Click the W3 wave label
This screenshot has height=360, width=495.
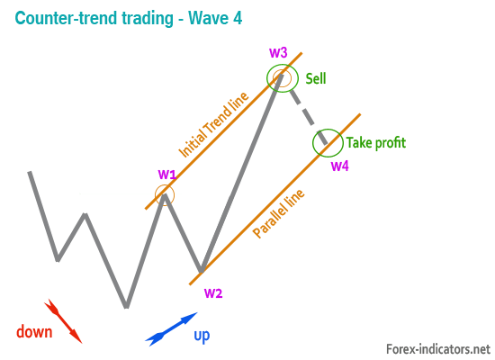tap(278, 53)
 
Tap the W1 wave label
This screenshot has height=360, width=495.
tap(167, 174)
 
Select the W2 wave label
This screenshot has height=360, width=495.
tap(213, 293)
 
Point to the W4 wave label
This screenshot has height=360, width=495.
tap(339, 166)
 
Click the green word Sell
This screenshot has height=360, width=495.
tap(316, 78)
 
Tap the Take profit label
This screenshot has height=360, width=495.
tap(376, 143)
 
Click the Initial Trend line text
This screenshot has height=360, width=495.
tap(213, 125)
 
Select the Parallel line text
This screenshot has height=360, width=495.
tap(278, 213)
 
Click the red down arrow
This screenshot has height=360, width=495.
tap(63, 320)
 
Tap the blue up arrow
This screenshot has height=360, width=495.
tap(171, 329)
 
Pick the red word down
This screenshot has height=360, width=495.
tap(34, 332)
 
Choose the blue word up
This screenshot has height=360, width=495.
tap(202, 336)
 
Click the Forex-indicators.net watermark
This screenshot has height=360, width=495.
tap(438, 349)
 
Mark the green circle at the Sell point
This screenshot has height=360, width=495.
tap(267, 78)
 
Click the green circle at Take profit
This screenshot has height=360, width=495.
tap(313, 143)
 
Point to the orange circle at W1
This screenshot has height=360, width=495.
tap(156, 194)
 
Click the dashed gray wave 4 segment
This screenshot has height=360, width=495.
tap(308, 117)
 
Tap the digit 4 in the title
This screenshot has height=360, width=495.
tap(238, 18)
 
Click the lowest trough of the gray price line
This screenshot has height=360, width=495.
tap(126, 306)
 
